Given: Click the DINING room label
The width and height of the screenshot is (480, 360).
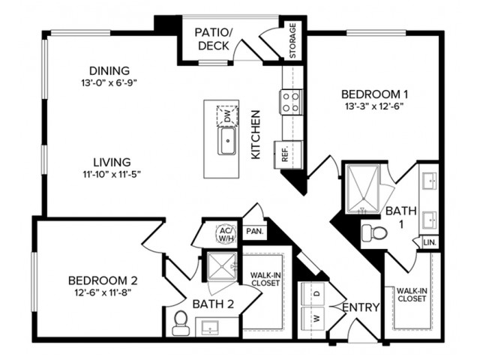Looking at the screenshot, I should pos(108,70).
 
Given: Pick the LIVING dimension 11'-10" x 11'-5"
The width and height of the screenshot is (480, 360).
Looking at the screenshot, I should pos(112,174).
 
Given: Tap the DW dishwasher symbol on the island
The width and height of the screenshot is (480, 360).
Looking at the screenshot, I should pos(226,116).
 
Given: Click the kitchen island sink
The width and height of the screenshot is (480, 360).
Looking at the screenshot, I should pos(227,141).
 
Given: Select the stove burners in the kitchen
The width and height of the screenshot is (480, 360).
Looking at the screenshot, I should pos(291,101).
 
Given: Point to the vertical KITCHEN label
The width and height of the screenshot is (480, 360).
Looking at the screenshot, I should pos(256,135).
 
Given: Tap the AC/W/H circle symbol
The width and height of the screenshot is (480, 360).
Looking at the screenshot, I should pos(226,233).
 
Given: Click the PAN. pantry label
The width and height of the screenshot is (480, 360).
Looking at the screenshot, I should pos(253,232).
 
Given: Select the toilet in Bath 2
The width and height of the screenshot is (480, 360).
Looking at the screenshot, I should pos(180,322).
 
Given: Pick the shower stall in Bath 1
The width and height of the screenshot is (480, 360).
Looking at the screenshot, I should pos(363,188).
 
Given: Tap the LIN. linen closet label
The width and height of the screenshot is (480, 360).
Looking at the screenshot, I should pos(429,243).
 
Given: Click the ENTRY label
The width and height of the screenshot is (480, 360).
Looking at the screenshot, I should pos(361,308).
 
